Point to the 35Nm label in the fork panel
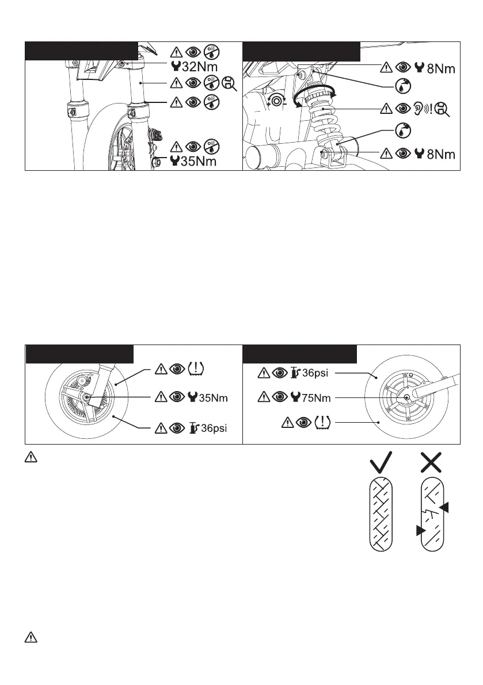click(199, 162)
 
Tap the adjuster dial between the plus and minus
click(277, 101)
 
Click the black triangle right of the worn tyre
click(444, 506)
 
